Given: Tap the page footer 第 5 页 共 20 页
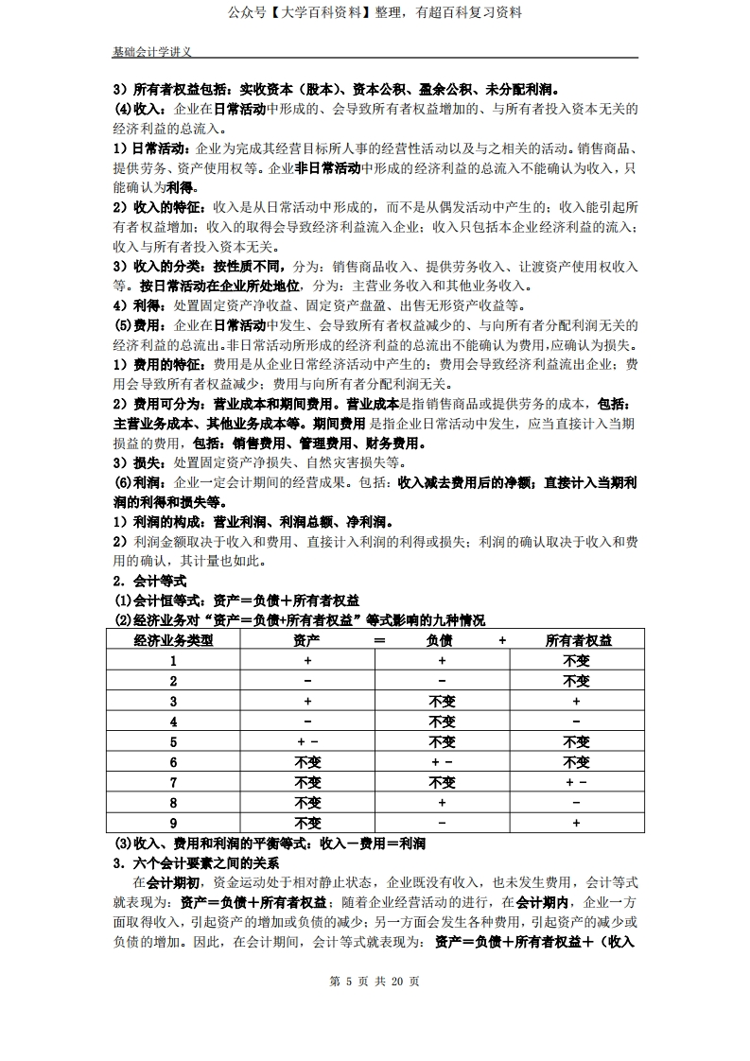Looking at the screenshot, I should pyautogui.click(x=375, y=981).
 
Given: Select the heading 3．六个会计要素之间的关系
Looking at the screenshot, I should pyautogui.click(x=196, y=863).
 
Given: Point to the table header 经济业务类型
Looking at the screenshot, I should pyautogui.click(x=174, y=640).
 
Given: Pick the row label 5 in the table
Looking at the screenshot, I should pyautogui.click(x=174, y=741).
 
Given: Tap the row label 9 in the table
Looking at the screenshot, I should pyautogui.click(x=174, y=824).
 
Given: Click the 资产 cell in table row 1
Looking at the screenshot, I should pyautogui.click(x=308, y=661).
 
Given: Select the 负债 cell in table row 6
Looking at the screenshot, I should pyautogui.click(x=442, y=762).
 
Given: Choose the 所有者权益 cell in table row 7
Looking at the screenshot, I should pyautogui.click(x=576, y=782).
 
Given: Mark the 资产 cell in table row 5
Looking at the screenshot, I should pyautogui.click(x=308, y=741).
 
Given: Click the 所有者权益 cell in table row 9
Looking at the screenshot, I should pyautogui.click(x=576, y=824).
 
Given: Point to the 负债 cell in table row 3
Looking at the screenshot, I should pyautogui.click(x=442, y=702).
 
